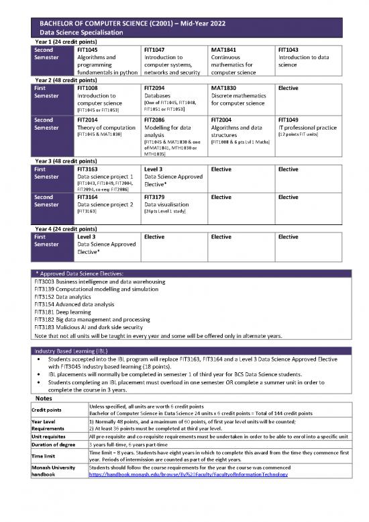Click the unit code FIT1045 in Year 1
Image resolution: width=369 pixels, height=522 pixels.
click(88, 50)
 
